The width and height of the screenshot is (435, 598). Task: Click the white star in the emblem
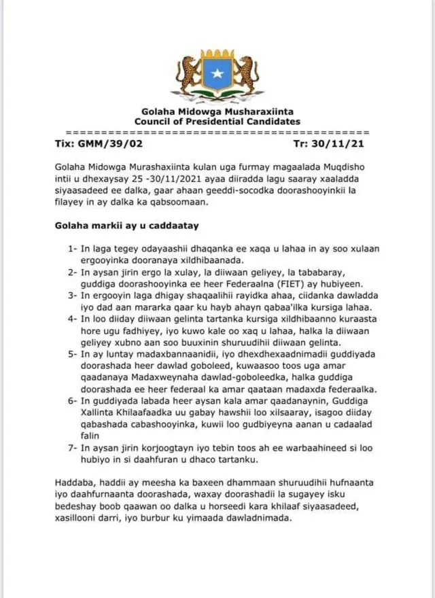217,74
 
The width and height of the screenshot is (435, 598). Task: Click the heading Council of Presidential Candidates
217,121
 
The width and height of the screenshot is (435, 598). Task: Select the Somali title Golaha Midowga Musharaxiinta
217,111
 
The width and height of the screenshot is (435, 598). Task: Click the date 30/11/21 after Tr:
345,144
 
